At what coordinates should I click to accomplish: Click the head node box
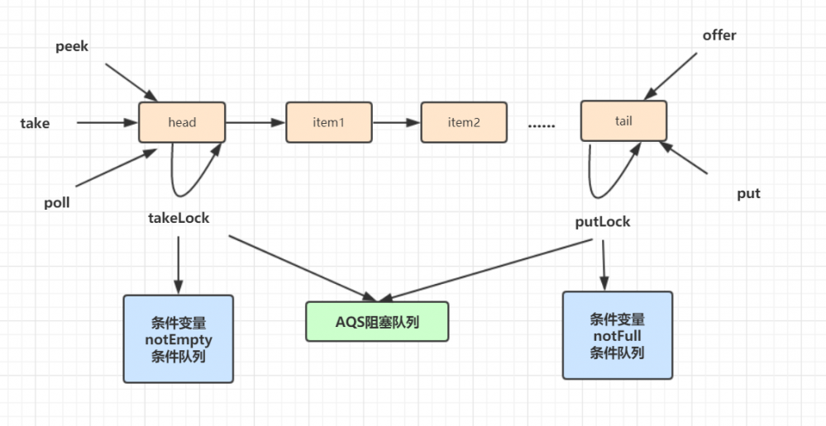pos(182,122)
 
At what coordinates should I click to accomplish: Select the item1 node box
pos(327,122)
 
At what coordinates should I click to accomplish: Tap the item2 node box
pos(464,122)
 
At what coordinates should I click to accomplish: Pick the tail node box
pos(623,121)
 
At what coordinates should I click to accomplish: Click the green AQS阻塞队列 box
pos(377,321)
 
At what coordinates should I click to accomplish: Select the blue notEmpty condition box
pos(179,338)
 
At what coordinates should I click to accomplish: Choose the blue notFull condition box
pos(617,335)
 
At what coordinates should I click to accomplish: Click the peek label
pos(72,46)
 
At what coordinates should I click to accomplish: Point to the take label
pos(35,123)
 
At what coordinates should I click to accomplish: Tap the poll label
pos(57,202)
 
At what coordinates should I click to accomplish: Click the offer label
pos(719,35)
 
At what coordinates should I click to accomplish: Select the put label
pos(748,194)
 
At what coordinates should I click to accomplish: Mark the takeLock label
pos(179,218)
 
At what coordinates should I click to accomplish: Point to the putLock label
pos(603,221)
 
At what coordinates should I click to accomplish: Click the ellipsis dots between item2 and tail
pos(542,125)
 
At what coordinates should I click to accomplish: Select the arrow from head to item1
pos(255,123)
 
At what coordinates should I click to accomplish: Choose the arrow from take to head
pos(107,123)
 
